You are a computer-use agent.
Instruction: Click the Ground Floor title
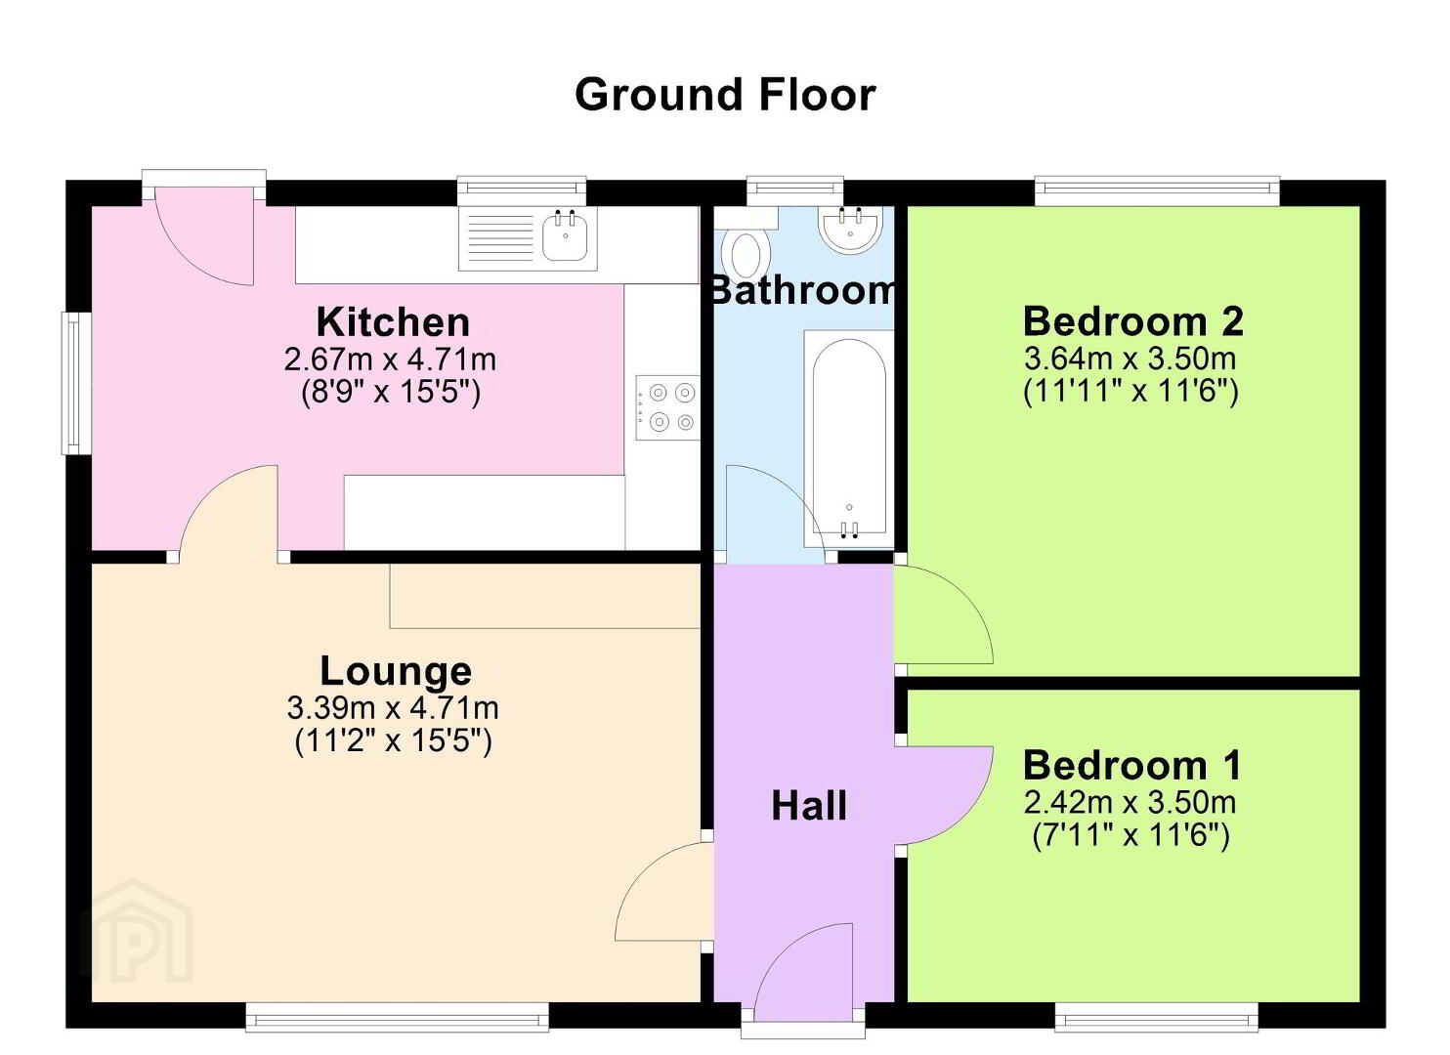(725, 95)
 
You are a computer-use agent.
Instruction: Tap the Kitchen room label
(393, 321)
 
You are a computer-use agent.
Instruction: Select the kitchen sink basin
(565, 236)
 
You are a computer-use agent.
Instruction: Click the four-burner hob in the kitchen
(667, 407)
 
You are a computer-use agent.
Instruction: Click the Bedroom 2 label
(1132, 321)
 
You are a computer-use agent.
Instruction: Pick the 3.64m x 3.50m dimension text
(1130, 359)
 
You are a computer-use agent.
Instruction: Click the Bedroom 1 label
(1132, 766)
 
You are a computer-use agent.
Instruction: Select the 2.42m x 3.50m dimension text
(1130, 803)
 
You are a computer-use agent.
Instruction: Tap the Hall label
(809, 807)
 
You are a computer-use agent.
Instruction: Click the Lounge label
(396, 671)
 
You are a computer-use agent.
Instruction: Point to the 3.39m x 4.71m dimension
(393, 708)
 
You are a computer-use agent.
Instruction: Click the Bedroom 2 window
(1157, 190)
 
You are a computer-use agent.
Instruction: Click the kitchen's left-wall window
(76, 383)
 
